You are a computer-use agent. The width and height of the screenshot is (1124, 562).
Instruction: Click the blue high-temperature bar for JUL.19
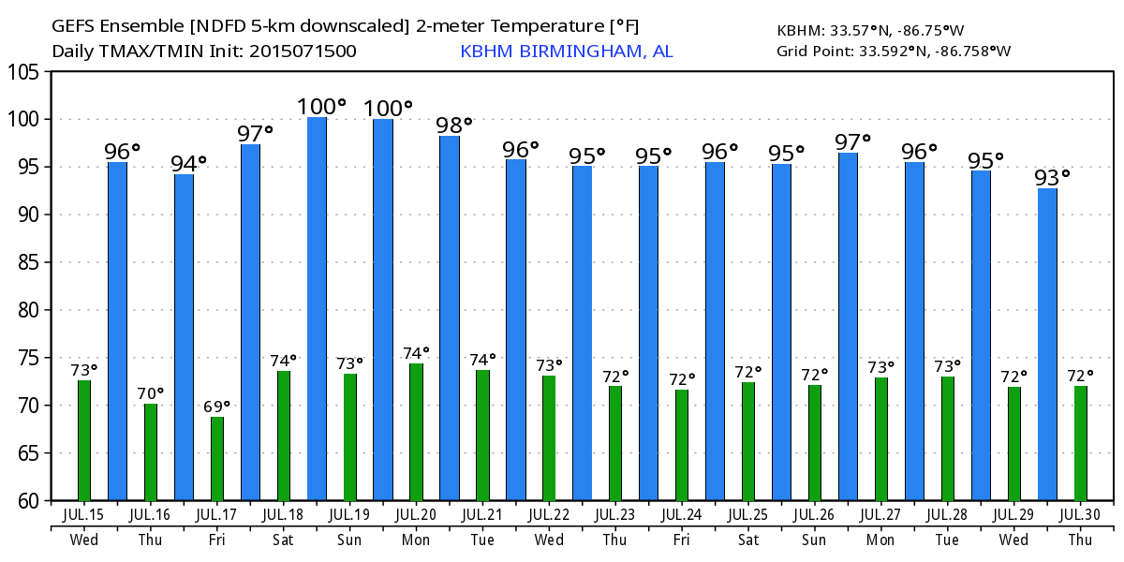[x=317, y=309]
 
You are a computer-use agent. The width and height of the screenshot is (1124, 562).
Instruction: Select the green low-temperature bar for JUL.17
[x=217, y=459]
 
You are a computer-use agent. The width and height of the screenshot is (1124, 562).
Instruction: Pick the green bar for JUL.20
[x=416, y=432]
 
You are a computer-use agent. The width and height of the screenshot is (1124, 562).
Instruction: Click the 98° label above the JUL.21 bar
[x=454, y=125]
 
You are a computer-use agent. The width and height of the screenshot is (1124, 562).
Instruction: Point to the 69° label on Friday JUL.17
[x=217, y=407]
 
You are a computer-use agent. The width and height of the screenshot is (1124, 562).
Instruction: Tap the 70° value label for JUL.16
[x=151, y=393]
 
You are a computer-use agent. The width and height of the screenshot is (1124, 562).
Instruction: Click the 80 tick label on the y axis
[x=28, y=310]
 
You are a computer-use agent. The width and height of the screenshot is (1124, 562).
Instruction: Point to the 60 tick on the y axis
[x=28, y=501]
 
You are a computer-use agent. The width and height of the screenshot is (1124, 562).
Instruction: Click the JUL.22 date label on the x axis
[x=549, y=514]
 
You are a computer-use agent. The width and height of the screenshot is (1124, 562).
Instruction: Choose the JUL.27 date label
[x=880, y=514]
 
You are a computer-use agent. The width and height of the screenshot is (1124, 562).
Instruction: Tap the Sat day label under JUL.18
[x=283, y=540]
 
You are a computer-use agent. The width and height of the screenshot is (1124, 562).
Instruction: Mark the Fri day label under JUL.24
[x=681, y=540]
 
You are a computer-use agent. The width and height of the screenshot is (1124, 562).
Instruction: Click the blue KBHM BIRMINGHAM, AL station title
[x=566, y=52]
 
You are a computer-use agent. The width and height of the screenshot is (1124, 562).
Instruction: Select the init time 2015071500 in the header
[x=303, y=52]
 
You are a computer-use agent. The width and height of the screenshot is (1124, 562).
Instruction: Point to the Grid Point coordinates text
[x=894, y=51]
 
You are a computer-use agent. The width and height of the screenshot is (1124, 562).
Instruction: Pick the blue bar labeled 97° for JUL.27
[x=848, y=327]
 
